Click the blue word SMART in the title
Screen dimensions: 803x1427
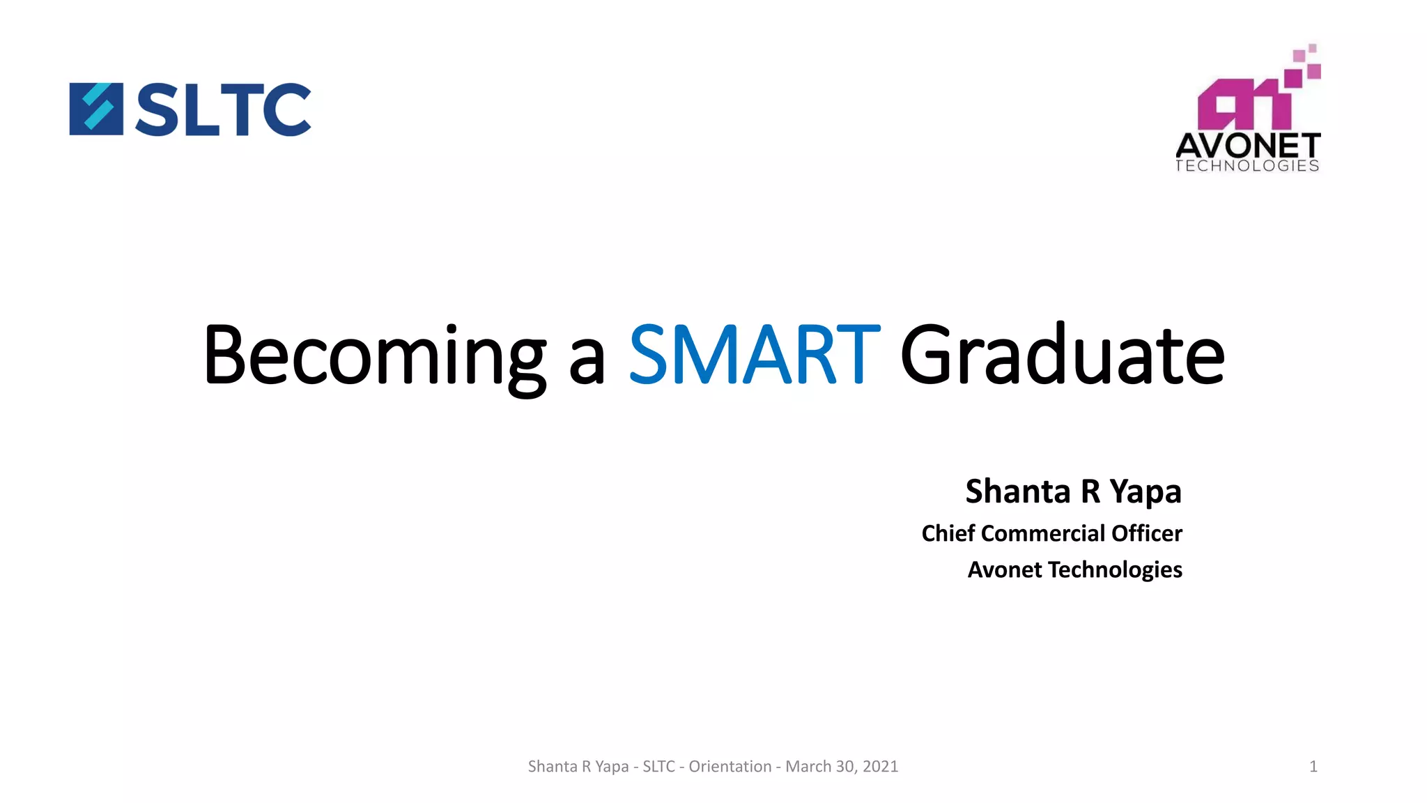[x=754, y=355]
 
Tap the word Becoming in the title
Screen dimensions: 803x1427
[x=374, y=356]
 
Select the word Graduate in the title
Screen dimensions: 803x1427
[x=1062, y=355]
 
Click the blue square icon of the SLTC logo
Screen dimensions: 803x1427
[x=96, y=109]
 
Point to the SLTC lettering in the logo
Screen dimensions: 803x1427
[x=223, y=109]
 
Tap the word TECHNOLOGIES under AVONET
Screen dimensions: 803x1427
[x=1247, y=166]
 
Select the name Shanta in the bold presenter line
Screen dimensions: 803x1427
[x=1017, y=491]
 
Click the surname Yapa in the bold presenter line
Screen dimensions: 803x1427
[x=1146, y=493]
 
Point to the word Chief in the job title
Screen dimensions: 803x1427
[x=948, y=533]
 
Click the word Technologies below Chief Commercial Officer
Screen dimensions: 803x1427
[x=1115, y=570]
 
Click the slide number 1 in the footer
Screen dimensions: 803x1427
[x=1313, y=767]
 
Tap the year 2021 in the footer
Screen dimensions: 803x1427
[x=880, y=767]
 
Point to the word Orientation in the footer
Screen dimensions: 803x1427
[x=730, y=767]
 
